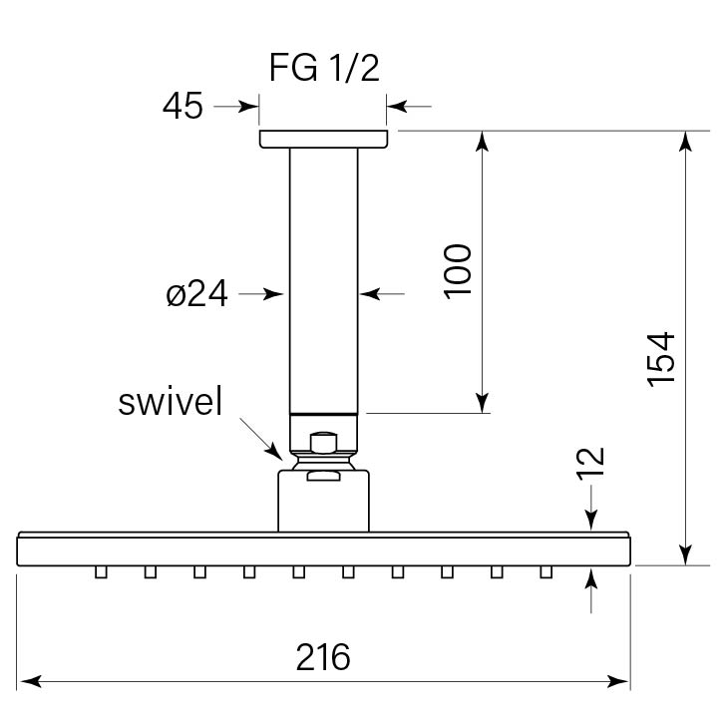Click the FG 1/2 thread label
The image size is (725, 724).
pos(324,69)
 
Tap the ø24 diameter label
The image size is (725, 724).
pos(197,294)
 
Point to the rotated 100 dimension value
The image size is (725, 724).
pos(456,269)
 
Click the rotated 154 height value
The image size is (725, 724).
pos(661,359)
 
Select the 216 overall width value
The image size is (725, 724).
pos(323,657)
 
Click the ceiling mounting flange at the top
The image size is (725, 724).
pos(323,140)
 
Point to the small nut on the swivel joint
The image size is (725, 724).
pos(322,442)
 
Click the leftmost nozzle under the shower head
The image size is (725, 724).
pos(101,571)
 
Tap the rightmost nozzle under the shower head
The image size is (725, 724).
pos(545,571)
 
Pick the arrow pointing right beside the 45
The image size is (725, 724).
pos(250,106)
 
